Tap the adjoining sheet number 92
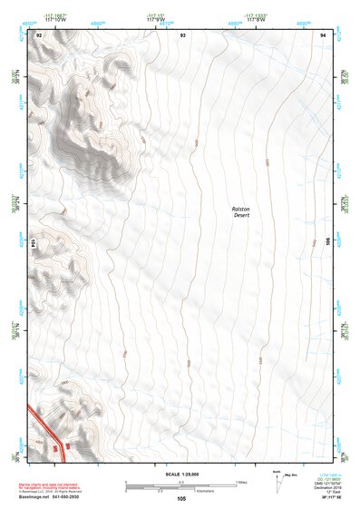point(38,34)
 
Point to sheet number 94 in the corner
point(323,34)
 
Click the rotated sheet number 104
point(34,243)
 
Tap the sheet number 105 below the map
point(181,498)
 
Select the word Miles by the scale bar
point(241,482)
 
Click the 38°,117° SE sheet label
point(321,497)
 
